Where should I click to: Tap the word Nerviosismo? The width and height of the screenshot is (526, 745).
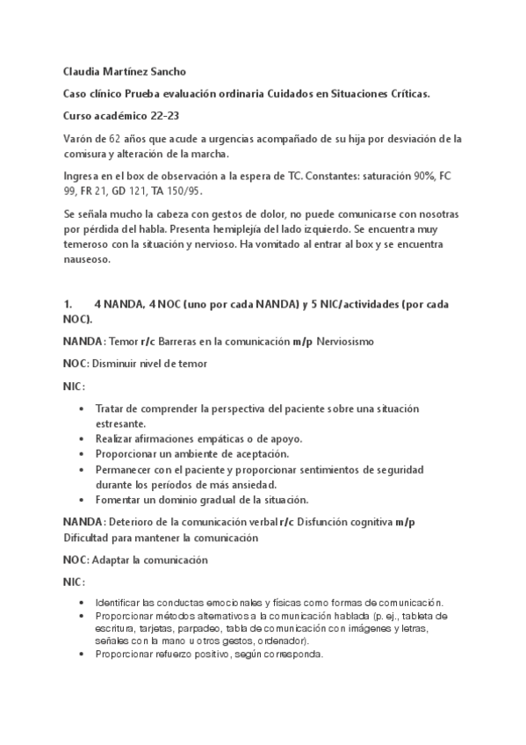pos(349,340)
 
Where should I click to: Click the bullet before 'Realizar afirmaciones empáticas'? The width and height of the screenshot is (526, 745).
pos(82,438)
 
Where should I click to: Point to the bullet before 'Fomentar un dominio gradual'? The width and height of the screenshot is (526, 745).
pos(82,500)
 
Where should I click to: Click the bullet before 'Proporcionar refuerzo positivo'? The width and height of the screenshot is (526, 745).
pos(82,655)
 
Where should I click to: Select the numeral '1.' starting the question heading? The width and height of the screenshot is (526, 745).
pos(67,304)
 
